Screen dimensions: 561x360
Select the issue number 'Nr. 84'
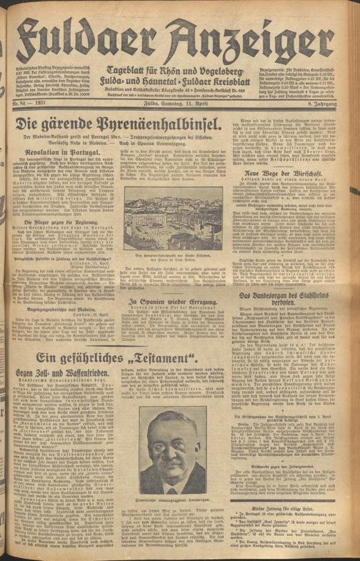pos(26,106)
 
